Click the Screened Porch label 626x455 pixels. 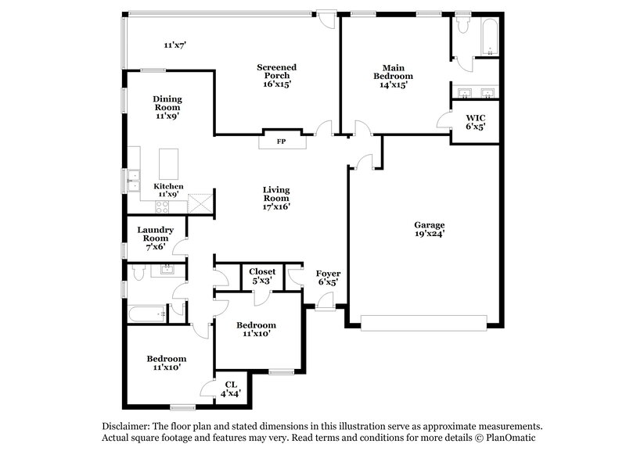[x=276, y=76]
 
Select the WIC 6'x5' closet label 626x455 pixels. [x=476, y=122]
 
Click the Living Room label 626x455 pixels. [x=276, y=198]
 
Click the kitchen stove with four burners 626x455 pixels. [x=164, y=207]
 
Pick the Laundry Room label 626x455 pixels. [x=153, y=238]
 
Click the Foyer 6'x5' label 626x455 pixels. [x=328, y=278]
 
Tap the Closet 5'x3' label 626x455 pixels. [x=261, y=275]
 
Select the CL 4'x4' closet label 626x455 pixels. [x=231, y=389]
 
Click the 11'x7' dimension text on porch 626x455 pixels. [x=174, y=45]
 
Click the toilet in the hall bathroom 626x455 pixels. [x=136, y=273]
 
